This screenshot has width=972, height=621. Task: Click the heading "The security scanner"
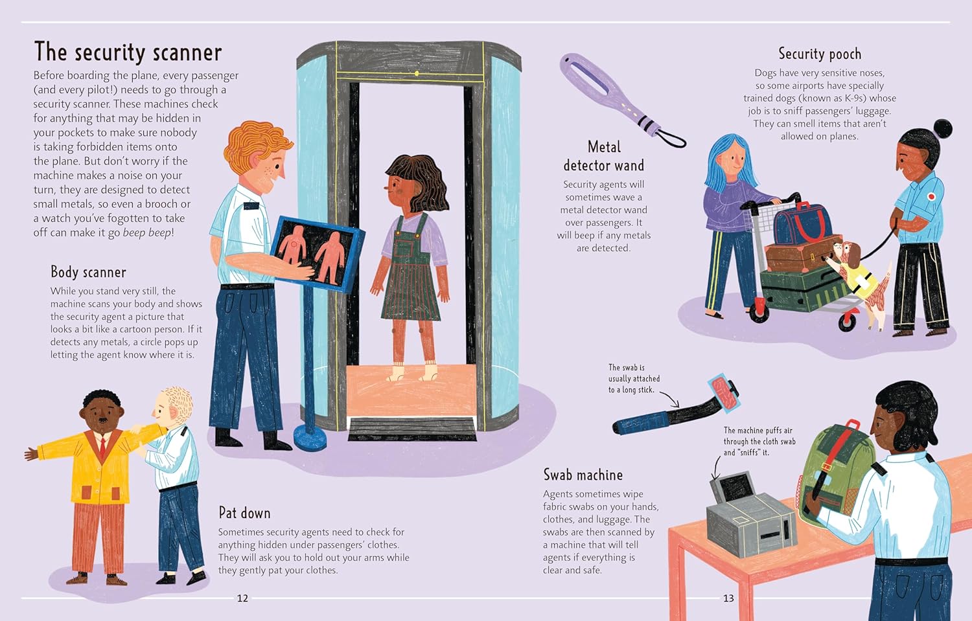click(128, 52)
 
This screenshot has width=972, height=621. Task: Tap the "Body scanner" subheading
click(88, 272)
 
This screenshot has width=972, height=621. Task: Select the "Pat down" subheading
click(244, 513)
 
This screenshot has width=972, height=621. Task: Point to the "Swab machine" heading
click(583, 475)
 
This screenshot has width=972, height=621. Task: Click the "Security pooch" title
click(819, 54)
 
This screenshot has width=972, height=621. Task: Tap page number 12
click(242, 598)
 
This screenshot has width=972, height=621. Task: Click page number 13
click(728, 598)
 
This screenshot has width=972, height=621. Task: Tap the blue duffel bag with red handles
click(803, 225)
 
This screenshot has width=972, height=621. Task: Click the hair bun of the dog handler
click(942, 130)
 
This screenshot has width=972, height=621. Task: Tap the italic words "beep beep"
click(146, 232)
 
